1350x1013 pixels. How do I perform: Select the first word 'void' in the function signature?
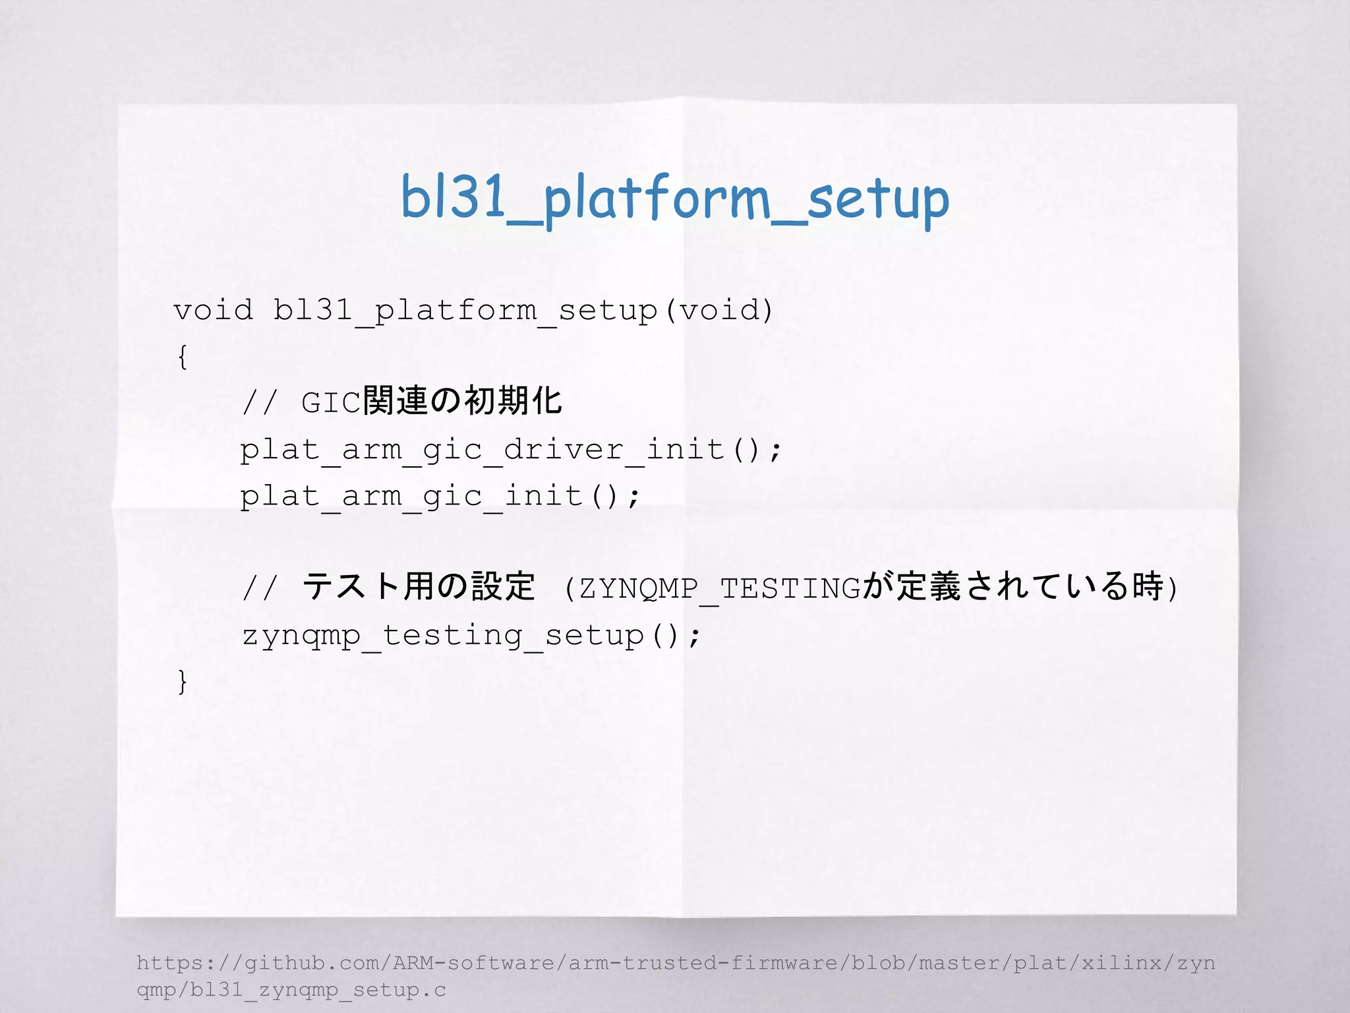point(213,310)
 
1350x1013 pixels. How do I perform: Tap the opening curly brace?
point(183,357)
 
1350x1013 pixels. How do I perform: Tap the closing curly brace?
point(183,681)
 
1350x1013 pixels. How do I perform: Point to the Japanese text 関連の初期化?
point(462,401)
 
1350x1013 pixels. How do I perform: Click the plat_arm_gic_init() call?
point(440,496)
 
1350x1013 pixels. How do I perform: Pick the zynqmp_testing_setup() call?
point(471,636)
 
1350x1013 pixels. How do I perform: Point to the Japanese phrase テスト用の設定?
point(419,586)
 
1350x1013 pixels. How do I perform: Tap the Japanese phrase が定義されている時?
point(1012,586)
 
